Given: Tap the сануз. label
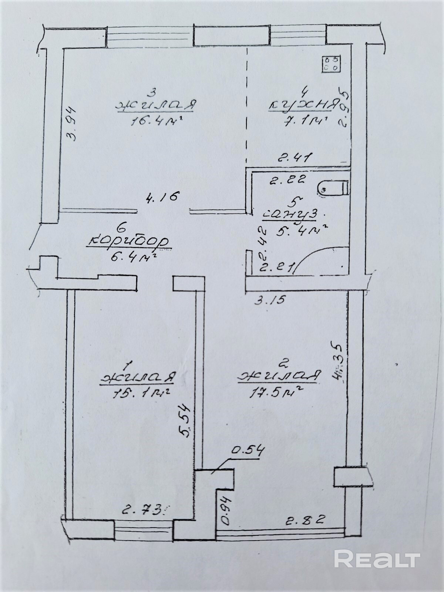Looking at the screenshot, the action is pos(293,215).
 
